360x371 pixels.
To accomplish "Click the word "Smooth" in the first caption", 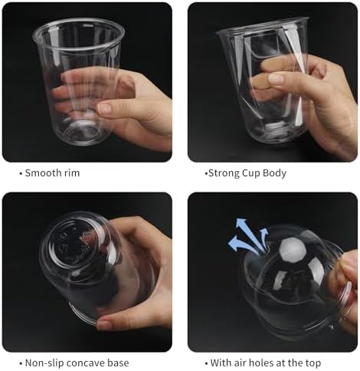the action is click(44, 173).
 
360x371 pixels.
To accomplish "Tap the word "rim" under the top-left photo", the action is click(73, 173).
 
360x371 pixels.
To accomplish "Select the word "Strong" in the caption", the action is click(224, 173).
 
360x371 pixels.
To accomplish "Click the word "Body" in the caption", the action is click(274, 173).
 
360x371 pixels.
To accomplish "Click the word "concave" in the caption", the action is click(87, 363).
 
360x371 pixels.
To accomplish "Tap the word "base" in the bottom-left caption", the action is click(119, 363).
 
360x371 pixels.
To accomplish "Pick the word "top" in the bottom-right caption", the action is click(313, 363).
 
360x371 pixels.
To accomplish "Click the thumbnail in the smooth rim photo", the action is click(105, 109).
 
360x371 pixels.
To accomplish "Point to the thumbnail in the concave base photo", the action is click(104, 325).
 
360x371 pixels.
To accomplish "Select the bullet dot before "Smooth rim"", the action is click(21, 173).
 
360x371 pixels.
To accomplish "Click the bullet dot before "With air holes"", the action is click(206, 363).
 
